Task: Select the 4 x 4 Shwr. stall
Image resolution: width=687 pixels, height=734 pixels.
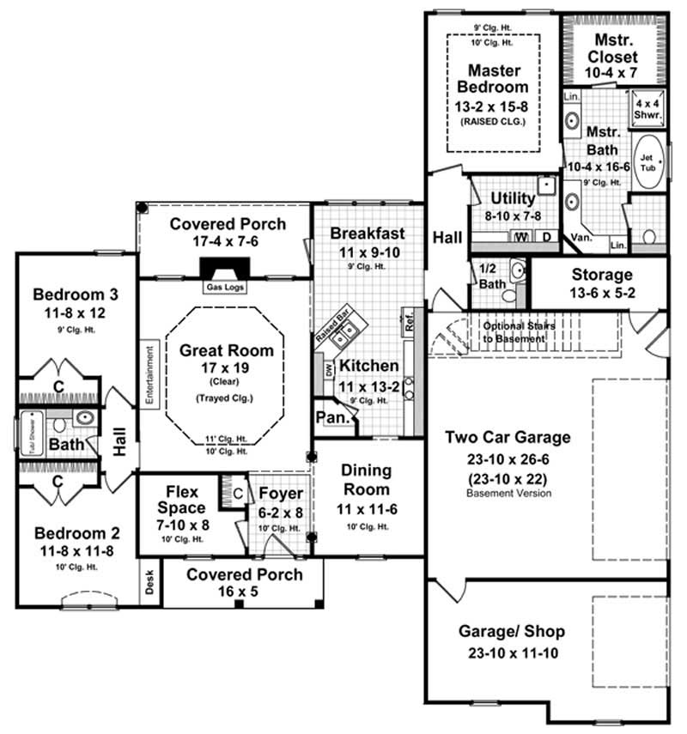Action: [x=647, y=106]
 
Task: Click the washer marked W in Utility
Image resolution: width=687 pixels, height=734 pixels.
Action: [x=520, y=236]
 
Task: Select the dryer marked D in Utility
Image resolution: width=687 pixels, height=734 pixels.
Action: [x=544, y=236]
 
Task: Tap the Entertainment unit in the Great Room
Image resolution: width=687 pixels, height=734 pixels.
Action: [x=149, y=375]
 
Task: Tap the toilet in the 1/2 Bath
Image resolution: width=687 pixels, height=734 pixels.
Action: [x=510, y=294]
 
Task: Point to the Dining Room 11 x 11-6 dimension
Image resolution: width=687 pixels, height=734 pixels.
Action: [x=367, y=508]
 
